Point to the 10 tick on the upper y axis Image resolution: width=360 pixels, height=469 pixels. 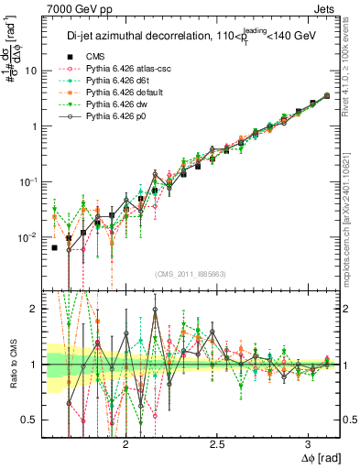tap(31, 71)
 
